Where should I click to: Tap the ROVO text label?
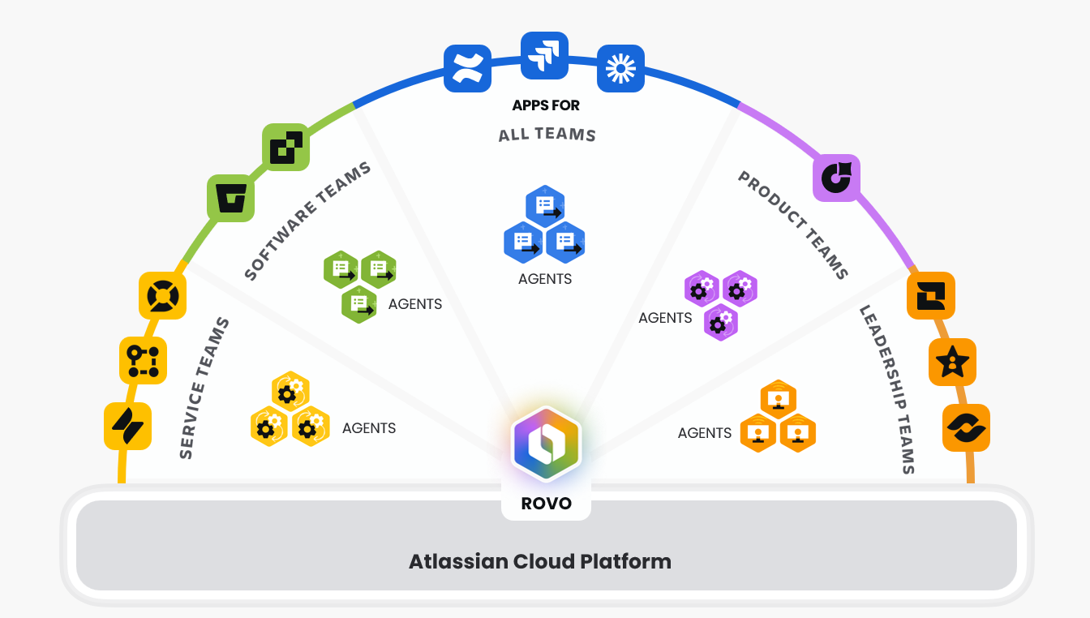tap(546, 503)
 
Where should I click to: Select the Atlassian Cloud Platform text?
tap(540, 561)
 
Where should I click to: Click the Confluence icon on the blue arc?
tap(468, 68)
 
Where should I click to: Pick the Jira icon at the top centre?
tap(544, 55)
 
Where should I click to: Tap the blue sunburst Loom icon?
tap(620, 68)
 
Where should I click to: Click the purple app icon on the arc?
tap(836, 178)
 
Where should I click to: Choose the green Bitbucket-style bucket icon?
tap(231, 198)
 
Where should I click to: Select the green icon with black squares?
tap(286, 147)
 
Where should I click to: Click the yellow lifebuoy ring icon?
tap(163, 295)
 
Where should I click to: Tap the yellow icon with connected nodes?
tap(144, 360)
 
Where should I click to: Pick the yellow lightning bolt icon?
tap(128, 426)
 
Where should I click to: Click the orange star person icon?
tap(952, 362)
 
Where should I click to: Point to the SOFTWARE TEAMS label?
tap(307, 221)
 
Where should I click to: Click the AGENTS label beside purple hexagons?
tap(665, 318)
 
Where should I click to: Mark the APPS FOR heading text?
tap(546, 105)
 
